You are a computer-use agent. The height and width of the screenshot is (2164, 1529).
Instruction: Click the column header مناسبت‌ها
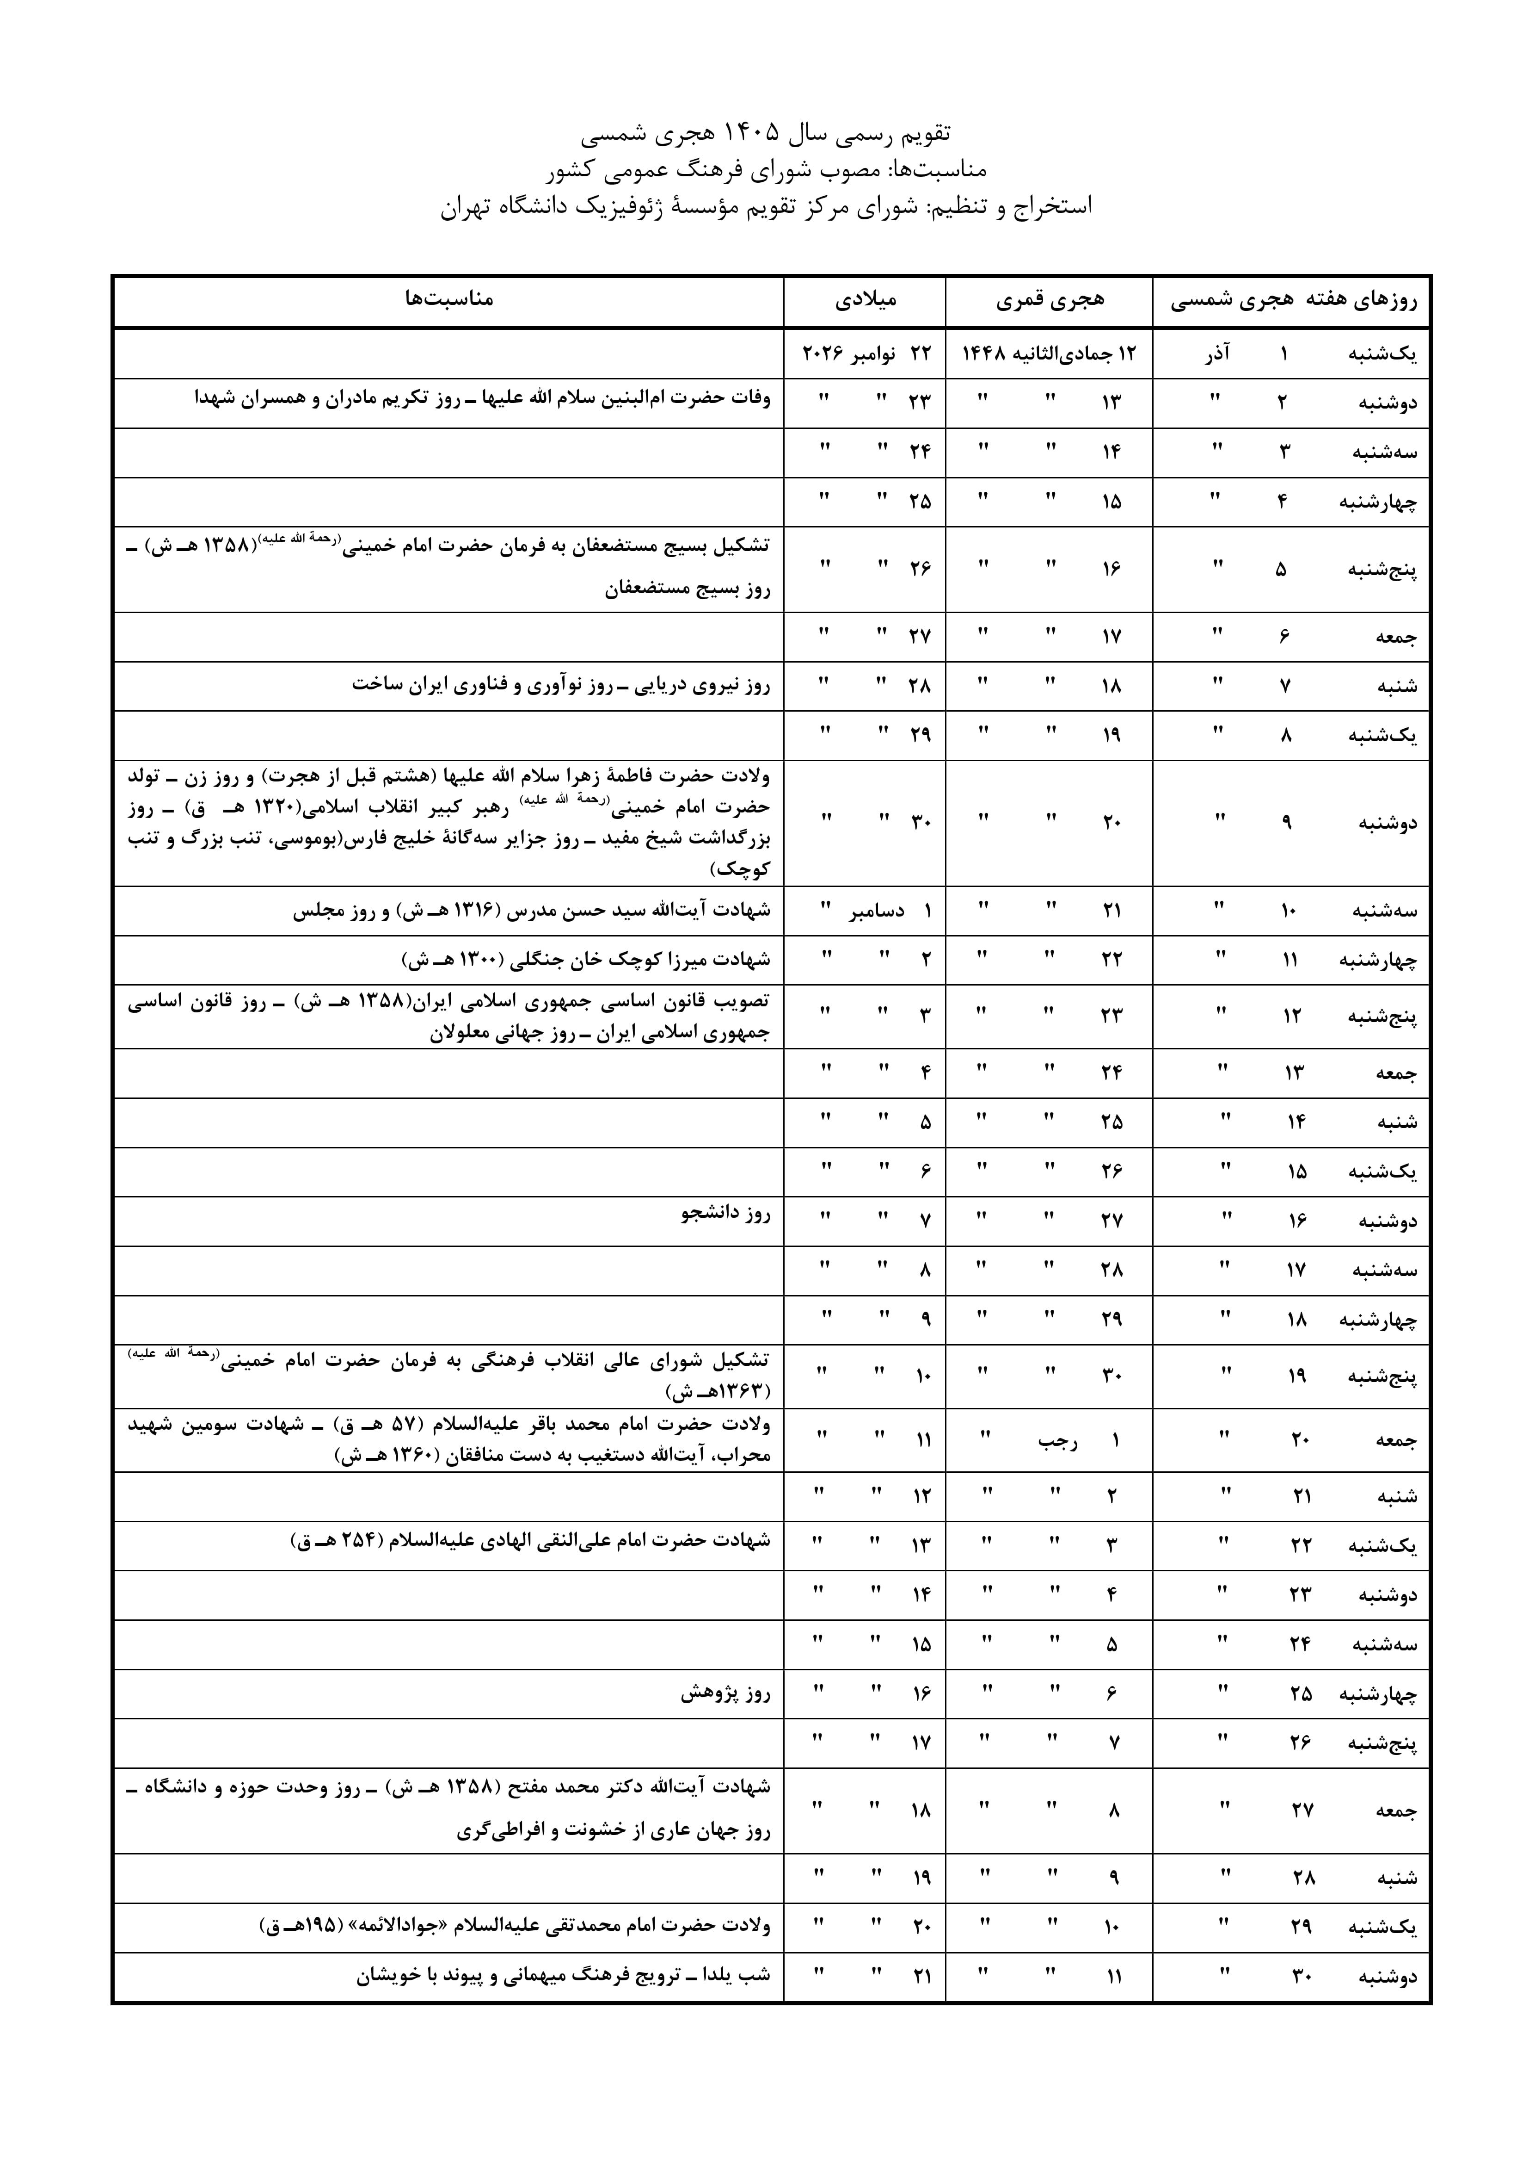point(448,300)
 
